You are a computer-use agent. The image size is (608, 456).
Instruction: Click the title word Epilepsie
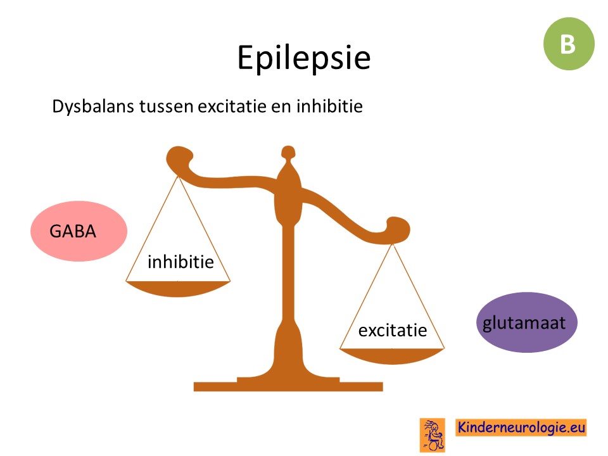pos(303,58)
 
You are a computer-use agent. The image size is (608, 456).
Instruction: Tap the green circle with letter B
pos(569,44)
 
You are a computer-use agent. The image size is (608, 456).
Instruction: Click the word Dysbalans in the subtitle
pos(92,106)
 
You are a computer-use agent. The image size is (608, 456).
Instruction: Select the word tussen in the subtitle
pos(167,106)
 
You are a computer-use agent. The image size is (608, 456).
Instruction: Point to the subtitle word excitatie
pos(232,106)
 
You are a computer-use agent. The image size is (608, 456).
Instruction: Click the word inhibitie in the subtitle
pos(329,106)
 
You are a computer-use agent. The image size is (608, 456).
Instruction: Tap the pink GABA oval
pos(79,231)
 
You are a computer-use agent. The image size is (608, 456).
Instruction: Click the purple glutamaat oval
pos(526,322)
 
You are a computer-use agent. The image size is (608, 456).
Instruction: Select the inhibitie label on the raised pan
pos(180,262)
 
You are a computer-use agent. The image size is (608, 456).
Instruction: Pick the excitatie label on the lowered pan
pos(393,331)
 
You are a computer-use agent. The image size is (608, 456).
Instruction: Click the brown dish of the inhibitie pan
pos(178,289)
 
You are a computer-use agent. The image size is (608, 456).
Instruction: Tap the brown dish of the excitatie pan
pos(392,356)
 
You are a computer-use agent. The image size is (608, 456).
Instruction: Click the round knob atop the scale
pos(288,153)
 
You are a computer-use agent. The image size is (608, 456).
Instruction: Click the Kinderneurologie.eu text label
pos(521,427)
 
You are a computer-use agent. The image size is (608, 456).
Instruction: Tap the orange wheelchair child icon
pos(433,435)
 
